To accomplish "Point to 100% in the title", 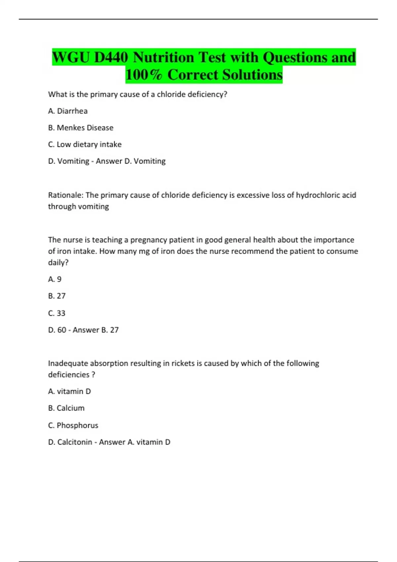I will [x=144, y=75].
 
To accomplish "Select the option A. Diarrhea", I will [x=68, y=111].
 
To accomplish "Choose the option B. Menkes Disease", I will [x=81, y=128].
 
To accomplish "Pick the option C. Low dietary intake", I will [x=85, y=144].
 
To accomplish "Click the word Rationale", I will [x=65, y=195].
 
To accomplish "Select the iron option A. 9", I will [x=55, y=279].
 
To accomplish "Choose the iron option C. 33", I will [x=57, y=313].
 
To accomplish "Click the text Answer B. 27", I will [x=96, y=330].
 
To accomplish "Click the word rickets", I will [x=183, y=363].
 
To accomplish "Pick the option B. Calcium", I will [x=66, y=408].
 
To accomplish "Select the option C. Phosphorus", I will [x=73, y=425].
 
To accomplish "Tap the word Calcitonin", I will [x=75, y=442].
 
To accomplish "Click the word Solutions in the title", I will [x=252, y=75].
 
